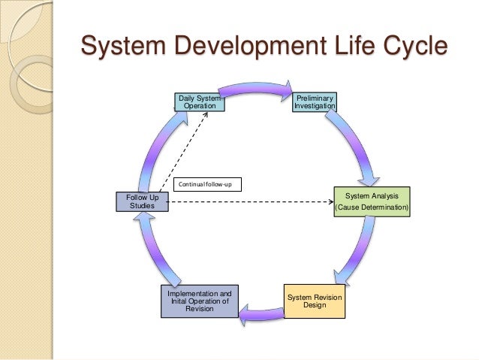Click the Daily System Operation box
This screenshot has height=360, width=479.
pos(199,101)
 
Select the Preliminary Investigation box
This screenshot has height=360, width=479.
pos(315,101)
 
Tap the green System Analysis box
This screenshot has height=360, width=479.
pos(372,201)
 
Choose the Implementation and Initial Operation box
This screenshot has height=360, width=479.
pos(199,301)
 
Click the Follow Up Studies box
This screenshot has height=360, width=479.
pos(141,201)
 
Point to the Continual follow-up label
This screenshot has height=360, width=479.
pos(207,183)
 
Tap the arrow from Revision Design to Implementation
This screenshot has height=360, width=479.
pos(263,305)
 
